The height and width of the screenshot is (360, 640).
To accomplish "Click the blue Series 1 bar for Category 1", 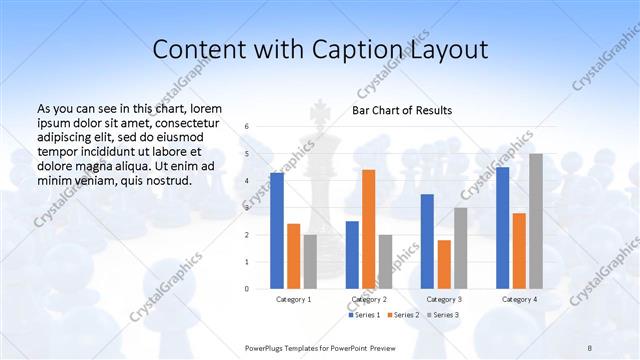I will point(277,231).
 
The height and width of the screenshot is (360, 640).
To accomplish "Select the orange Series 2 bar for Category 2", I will point(369,229).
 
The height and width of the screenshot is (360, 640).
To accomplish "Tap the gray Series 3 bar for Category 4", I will point(536,221).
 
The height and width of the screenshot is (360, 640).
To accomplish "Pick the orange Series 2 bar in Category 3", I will point(444,264).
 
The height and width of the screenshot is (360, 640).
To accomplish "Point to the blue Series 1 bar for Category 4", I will point(502,228).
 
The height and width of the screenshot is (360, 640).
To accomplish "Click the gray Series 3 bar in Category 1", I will point(310,262).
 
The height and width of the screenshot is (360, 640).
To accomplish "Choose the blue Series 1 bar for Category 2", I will point(352,255).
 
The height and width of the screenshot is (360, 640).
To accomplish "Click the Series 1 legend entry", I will point(364,315).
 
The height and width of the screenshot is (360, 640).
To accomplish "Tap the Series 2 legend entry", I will point(404,315).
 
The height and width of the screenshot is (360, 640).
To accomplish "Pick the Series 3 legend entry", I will point(444,315).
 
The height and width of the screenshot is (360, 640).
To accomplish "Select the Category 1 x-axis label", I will point(294,299).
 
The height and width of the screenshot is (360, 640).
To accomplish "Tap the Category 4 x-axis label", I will point(519,299).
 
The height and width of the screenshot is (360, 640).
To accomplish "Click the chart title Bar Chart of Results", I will point(402,110).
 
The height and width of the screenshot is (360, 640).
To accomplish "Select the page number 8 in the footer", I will point(590,346).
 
